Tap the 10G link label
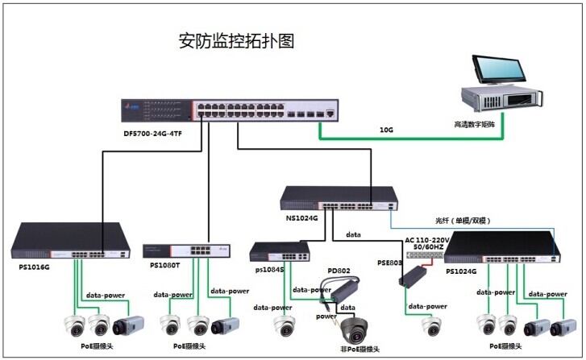coord(387,130)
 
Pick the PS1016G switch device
coord(70,242)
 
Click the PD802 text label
coord(338,271)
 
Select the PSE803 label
coord(390,263)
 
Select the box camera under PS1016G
coord(129,325)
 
